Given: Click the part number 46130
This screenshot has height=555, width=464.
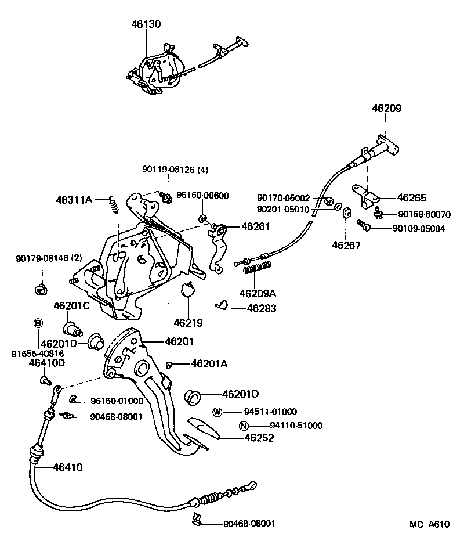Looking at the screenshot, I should [146, 24].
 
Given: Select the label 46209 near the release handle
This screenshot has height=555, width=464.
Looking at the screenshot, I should [386, 109].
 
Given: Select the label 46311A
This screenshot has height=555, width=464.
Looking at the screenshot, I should [74, 200].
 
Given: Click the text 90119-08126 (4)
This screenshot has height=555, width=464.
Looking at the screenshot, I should [175, 170].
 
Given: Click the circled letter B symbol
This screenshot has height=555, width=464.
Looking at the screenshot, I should [38, 323].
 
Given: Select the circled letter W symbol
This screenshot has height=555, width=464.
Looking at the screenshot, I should [217, 412].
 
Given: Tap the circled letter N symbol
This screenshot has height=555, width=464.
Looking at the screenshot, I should [244, 426].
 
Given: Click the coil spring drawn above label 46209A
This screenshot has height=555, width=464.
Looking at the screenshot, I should [258, 268].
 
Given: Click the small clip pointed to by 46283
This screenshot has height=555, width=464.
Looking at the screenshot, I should [222, 304].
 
